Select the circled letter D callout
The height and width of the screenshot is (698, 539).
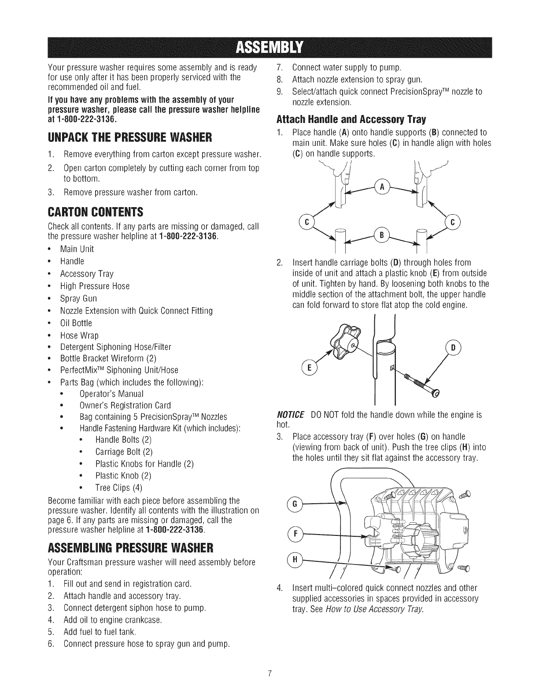point(454,348)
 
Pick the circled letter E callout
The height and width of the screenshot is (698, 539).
point(309,367)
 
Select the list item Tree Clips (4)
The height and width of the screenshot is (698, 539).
point(118,488)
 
